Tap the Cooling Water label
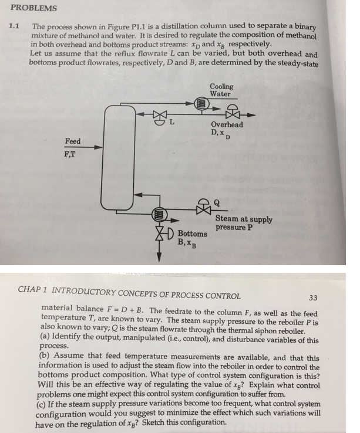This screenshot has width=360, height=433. click(x=221, y=90)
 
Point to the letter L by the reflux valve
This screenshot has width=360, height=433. click(x=172, y=124)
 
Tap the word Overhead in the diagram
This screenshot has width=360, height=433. click(x=227, y=124)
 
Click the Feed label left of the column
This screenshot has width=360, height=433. click(x=73, y=141)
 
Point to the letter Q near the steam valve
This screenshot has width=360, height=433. click(x=218, y=201)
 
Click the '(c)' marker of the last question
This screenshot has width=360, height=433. click(x=47, y=404)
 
